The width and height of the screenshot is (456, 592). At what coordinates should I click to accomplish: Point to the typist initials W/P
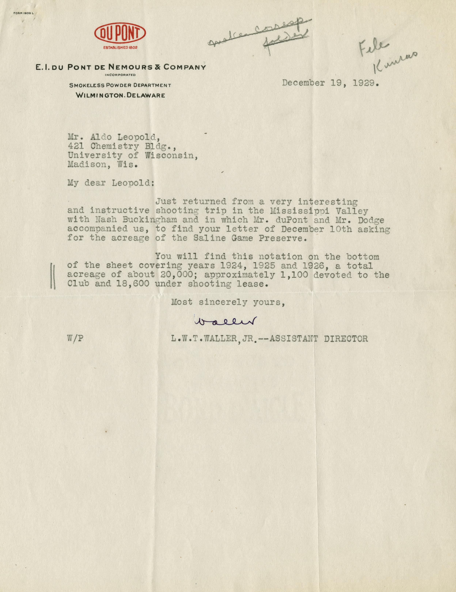tap(75, 339)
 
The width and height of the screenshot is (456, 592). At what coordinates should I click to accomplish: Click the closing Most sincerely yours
tap(228, 302)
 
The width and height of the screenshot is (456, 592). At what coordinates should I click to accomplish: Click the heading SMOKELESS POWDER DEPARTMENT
tap(120, 85)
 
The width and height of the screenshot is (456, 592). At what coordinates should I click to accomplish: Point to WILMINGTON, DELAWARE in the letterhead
tap(120, 95)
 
